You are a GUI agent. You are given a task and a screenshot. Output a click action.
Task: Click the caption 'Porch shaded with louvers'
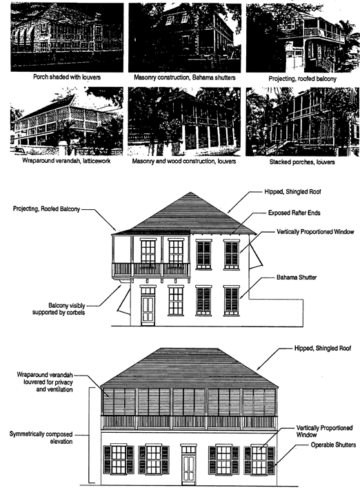(67, 77)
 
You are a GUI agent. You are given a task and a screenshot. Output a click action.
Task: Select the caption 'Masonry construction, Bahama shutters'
(185, 77)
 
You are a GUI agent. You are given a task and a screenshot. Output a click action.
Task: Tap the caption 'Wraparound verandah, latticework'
(66, 161)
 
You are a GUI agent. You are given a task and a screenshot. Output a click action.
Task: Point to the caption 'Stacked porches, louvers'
(302, 162)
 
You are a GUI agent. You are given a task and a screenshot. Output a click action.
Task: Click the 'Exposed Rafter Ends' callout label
(294, 213)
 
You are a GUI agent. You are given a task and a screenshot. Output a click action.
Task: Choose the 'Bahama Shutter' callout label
(297, 277)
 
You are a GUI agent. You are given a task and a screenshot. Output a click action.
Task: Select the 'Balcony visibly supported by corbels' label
(59, 309)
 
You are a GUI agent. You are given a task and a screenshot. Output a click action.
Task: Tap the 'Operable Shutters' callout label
(333, 445)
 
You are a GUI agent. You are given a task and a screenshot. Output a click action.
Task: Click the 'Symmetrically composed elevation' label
(41, 438)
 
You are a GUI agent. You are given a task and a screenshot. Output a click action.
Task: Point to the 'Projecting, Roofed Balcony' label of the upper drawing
(46, 209)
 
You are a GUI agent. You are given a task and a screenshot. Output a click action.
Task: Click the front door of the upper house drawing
(148, 306)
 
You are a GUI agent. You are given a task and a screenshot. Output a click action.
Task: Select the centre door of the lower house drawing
(188, 465)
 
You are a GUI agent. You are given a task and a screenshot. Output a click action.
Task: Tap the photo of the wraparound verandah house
(66, 121)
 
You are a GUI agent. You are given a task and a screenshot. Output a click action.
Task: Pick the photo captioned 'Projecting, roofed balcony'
(303, 38)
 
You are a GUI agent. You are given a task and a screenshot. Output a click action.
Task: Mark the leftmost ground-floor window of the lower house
(119, 459)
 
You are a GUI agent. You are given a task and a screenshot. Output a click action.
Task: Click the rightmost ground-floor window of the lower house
(259, 459)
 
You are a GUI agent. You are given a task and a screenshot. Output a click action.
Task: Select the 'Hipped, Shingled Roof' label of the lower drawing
(323, 349)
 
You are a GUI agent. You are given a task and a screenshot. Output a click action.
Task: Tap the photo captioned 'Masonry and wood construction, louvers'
(184, 121)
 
